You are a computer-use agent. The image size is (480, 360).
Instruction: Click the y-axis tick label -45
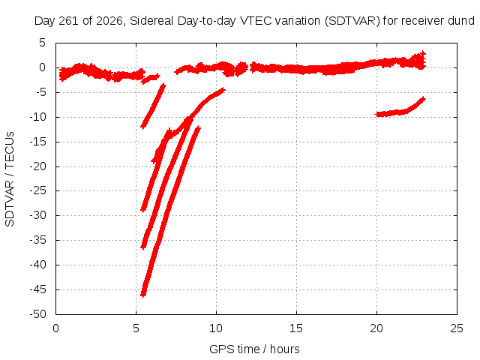tap(37, 289)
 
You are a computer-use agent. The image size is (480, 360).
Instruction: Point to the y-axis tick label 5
tap(42, 43)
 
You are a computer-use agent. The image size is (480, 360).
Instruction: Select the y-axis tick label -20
tap(37, 166)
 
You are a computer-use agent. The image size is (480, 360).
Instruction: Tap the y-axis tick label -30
tap(37, 215)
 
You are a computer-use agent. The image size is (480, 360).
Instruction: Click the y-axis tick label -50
tap(37, 313)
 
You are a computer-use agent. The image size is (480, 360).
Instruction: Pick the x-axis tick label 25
tap(457, 328)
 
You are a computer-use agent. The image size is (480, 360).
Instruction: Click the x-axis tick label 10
tap(216, 328)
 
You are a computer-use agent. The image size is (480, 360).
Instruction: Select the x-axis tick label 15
tap(296, 328)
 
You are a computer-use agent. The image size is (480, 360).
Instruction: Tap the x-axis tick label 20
tap(376, 328)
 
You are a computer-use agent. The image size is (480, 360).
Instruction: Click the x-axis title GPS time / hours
tap(254, 349)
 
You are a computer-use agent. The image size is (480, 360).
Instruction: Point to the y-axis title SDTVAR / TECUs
tap(10, 179)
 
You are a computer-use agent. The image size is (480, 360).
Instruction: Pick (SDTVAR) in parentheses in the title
tap(352, 21)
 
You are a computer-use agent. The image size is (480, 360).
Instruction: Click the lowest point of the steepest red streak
tap(142, 295)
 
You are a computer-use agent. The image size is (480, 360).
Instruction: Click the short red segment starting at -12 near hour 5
tap(153, 106)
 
